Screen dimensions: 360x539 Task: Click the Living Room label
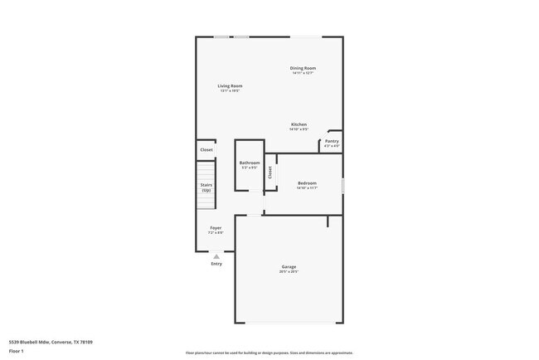point(230,86)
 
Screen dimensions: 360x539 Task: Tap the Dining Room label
point(303,68)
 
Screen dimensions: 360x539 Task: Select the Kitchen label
point(299,124)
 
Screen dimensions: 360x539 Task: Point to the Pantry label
point(332,141)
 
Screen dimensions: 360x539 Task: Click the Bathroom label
point(250,163)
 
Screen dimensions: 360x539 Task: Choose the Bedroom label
point(307,182)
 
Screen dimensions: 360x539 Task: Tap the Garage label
point(289,266)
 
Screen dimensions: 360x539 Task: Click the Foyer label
point(216,227)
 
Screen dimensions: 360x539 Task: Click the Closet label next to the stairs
point(206,150)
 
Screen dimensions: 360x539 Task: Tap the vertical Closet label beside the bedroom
point(269,173)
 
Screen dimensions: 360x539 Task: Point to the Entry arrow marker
point(216,256)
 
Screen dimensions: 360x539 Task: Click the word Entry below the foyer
point(216,264)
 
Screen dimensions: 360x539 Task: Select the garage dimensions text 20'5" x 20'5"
point(289,271)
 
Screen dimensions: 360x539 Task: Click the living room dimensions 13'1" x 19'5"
point(230,91)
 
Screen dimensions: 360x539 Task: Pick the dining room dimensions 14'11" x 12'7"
point(303,73)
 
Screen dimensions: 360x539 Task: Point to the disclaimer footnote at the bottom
point(269,353)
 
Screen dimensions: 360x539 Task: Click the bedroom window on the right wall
point(342,182)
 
